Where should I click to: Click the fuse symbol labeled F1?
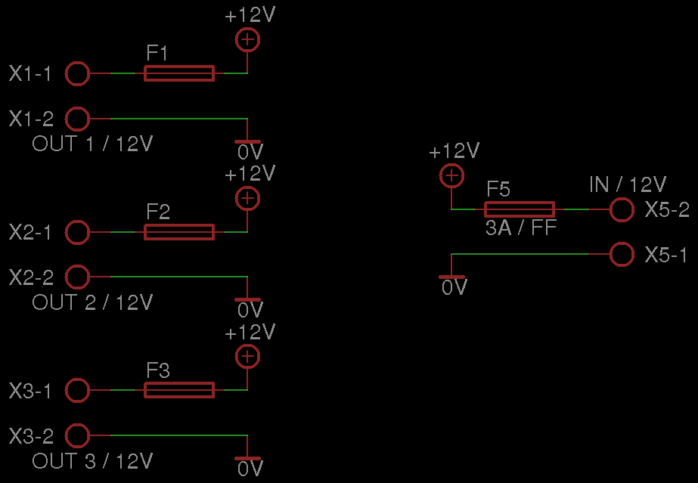click(178, 73)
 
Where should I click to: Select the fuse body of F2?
click(178, 232)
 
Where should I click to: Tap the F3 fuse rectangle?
click(178, 390)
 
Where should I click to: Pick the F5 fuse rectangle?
click(519, 209)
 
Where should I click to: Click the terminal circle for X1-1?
click(78, 73)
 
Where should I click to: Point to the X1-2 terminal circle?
click(78, 119)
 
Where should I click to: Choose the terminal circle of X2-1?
click(78, 232)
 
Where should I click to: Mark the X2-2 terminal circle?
click(78, 277)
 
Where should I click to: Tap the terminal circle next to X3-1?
click(78, 390)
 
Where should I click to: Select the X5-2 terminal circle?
click(622, 209)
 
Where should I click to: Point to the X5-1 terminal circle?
click(622, 255)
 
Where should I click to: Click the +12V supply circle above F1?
click(247, 40)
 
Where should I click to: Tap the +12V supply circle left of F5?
click(451, 176)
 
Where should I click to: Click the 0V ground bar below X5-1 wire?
click(451, 277)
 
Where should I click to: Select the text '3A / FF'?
click(521, 228)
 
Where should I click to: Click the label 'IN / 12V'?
click(628, 184)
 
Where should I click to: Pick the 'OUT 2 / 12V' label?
click(92, 303)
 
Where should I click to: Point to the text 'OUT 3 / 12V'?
click(92, 461)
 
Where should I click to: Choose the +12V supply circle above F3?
click(247, 357)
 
